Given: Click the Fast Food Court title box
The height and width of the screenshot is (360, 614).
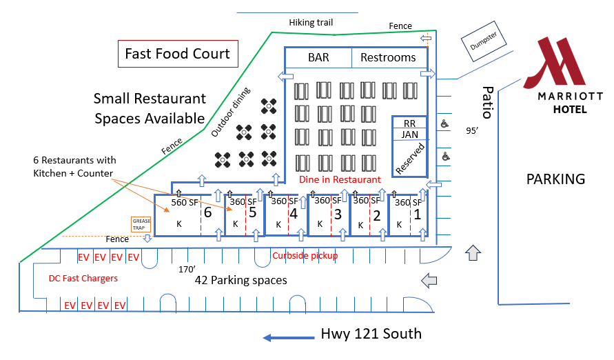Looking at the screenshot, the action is coord(178,54).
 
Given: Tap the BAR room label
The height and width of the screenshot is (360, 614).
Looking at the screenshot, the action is coord(318,57).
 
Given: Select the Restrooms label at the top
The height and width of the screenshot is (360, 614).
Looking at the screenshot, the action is coord(388,57).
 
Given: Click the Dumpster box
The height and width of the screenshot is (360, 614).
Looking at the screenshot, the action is coord(484,41).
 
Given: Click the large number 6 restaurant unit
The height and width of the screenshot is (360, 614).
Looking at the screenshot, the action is coord(208,212).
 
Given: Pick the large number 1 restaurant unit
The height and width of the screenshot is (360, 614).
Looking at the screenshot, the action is coord(418,214).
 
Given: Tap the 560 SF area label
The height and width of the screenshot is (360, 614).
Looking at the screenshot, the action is coord(185,203).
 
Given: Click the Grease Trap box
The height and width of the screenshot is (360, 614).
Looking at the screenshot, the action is coord(141,224).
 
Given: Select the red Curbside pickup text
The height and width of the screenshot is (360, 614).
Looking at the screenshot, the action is coord(305,256).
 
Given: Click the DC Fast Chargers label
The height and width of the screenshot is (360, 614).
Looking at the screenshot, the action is coord(83,279).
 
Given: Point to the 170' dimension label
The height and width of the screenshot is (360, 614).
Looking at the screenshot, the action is coord(187,270).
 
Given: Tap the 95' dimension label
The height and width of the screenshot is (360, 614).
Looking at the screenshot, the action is coord(472,131).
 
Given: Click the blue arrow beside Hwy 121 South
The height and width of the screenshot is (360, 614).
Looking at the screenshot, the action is coord(289,338).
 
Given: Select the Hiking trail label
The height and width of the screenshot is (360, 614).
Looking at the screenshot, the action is coord(311,23).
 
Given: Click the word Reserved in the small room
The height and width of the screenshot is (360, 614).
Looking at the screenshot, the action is coord(410,159).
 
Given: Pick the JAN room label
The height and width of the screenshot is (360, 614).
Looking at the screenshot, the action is coord(409,134).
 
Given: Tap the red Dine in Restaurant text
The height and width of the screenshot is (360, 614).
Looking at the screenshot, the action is coord(340,180).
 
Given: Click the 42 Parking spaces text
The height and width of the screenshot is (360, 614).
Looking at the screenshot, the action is coord(241,281).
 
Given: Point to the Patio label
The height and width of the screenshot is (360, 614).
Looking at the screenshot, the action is coord(487,102).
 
